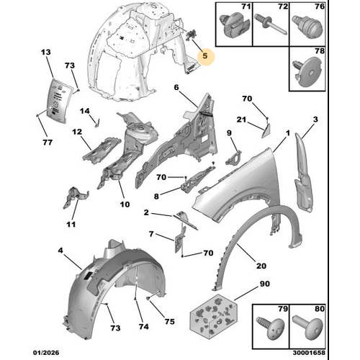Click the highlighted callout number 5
(204, 56)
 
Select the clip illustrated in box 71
(235, 26)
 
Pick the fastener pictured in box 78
(308, 71)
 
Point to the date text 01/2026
(46, 353)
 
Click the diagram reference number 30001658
(309, 353)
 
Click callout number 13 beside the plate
(46, 52)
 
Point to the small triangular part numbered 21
(266, 131)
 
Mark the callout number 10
(125, 204)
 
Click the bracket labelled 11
(76, 197)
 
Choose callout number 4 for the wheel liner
(60, 251)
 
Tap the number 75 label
(169, 322)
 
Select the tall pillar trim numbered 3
(303, 172)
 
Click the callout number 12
(77, 132)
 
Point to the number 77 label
(48, 143)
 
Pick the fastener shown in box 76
(307, 27)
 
